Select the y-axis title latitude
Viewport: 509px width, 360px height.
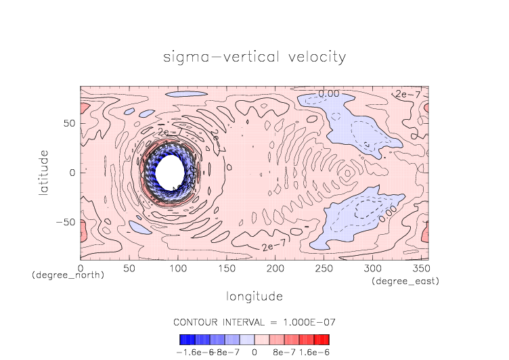pos(44,173)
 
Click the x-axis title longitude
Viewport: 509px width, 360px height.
pos(254,296)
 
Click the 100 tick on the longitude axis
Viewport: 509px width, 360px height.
pos(177,269)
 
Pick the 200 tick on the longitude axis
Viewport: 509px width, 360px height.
pos(274,269)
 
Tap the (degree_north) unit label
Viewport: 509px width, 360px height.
pos(68,275)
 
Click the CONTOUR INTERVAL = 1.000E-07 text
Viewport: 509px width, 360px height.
pos(254,321)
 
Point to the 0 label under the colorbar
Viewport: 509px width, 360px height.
pos(254,352)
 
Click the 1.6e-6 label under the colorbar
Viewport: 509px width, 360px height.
pos(314,352)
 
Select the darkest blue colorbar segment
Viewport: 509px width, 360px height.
pos(183,340)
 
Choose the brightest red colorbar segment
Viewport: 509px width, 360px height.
pos(326,340)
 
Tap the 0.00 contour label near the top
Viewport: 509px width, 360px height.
pos(330,93)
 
